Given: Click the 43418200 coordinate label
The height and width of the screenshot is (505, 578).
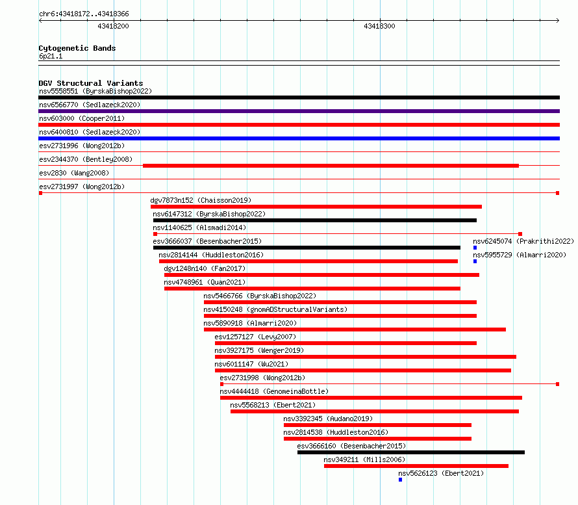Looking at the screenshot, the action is pos(113,26).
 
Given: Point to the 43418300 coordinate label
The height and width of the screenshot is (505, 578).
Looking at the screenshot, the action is pos(379,26).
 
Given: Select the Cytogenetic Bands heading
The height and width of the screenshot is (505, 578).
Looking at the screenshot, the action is pos(77,48).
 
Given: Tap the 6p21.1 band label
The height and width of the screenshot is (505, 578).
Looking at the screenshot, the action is pos(51,56).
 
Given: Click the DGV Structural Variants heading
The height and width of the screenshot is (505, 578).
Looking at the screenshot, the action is pos(91,83).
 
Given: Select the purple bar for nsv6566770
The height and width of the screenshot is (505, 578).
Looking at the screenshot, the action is pos(299,111).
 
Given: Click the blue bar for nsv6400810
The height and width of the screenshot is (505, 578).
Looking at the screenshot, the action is pos(299,138).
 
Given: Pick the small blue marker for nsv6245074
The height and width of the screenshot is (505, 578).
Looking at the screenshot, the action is pos(475,248).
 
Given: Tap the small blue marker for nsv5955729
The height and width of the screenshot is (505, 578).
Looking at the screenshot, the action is pos(475,261).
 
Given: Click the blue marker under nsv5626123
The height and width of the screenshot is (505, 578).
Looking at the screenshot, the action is pos(400,480).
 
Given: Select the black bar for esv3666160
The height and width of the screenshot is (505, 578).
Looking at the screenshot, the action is pos(411,452).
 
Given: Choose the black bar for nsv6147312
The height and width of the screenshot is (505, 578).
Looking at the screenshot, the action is pos(315,220).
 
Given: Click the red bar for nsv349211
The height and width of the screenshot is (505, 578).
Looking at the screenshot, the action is pos(416,466).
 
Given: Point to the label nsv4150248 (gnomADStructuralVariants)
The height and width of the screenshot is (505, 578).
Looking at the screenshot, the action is pos(275,309).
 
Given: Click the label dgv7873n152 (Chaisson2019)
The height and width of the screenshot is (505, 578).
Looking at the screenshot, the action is pos(201,200).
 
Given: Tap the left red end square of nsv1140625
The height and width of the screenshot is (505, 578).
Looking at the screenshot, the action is pos(155,234).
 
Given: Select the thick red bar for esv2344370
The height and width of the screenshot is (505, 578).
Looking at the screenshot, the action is pos(331,166).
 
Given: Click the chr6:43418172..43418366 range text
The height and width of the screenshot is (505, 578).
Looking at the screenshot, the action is pos(84,14).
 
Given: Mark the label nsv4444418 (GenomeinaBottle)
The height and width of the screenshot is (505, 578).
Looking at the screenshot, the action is pos(274,391).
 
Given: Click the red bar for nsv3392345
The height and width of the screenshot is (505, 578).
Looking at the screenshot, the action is pos(377,425).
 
